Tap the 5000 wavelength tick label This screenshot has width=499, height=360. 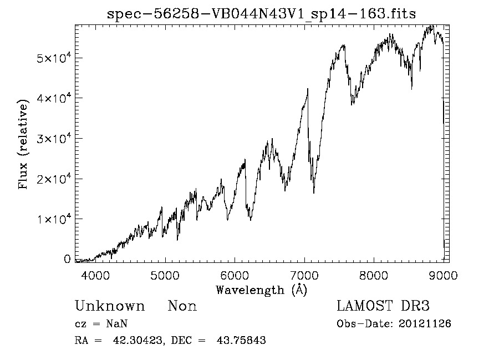[165, 275]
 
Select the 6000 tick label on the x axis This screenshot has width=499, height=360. [235, 275]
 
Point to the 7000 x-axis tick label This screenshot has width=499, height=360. [304, 275]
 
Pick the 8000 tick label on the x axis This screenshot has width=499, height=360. [374, 275]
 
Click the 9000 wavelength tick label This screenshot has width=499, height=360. [443, 275]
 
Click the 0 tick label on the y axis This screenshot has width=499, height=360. [67, 259]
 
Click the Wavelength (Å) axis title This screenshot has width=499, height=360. [261, 290]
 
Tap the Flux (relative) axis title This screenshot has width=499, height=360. [24, 145]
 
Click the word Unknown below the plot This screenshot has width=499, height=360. [110, 306]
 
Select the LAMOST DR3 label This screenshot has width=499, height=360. [383, 306]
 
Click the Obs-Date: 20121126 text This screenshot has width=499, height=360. [394, 324]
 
